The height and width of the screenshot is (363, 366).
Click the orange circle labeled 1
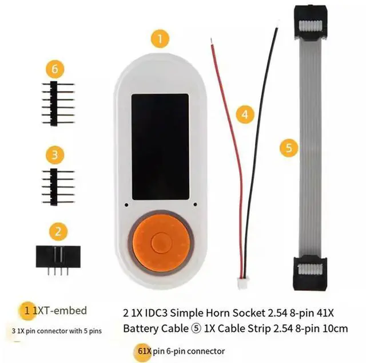[160, 38]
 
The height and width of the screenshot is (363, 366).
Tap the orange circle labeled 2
[58, 231]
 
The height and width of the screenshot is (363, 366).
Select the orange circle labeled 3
[54, 154]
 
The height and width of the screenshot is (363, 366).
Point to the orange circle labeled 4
[245, 115]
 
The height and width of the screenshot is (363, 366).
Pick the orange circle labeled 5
[289, 148]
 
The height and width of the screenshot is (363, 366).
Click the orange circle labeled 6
[54, 70]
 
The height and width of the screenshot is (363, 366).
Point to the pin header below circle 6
[57, 102]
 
